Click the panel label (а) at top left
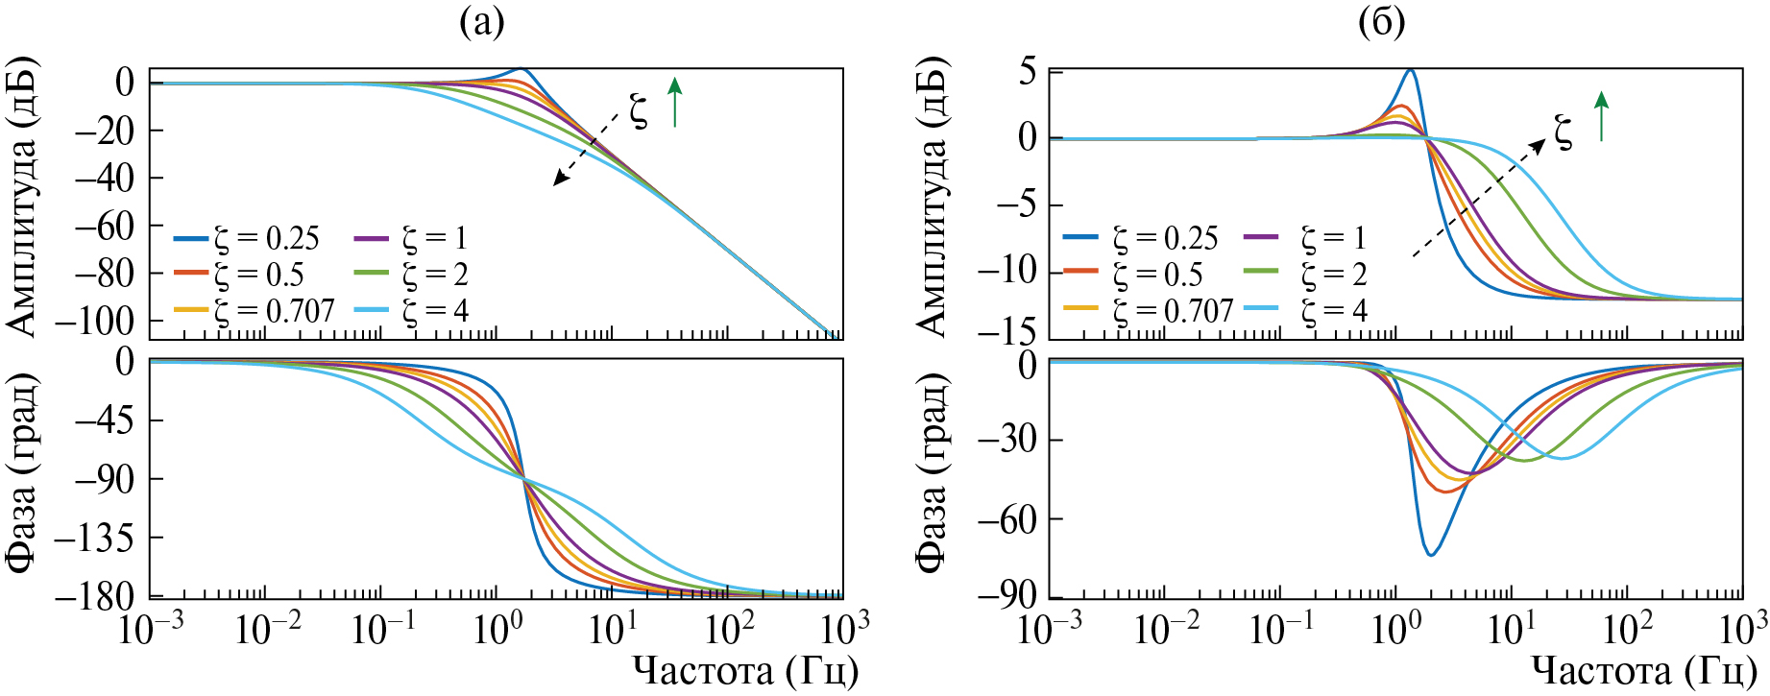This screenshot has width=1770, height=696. coord(481,21)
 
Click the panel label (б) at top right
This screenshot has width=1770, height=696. coord(1382,21)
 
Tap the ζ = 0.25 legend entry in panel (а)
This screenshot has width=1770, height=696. coord(247,238)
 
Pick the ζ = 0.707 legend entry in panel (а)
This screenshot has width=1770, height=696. coord(255,310)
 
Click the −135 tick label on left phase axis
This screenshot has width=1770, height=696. coord(94,538)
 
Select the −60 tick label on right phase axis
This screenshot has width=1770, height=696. coord(1007,519)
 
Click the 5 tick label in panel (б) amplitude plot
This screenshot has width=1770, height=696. coord(1028,72)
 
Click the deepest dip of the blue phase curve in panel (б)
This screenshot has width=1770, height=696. coord(1431,554)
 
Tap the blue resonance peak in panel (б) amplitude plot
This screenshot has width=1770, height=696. coord(1410,70)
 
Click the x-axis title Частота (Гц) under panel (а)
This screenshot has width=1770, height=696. coord(745,671)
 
